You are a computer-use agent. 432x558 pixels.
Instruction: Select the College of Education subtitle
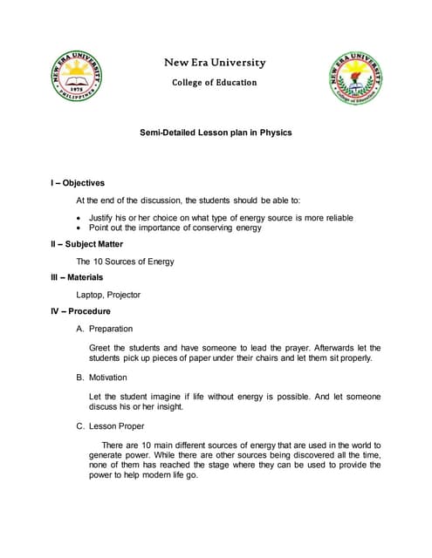pos(215,82)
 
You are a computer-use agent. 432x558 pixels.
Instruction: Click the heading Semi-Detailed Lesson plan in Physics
pos(216,133)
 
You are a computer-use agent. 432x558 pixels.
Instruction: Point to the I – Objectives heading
pos(79,183)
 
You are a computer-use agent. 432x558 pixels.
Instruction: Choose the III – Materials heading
pos(78,277)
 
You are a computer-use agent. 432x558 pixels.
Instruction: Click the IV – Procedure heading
pos(81,311)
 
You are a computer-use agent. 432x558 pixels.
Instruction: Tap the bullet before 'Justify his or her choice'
pos(80,217)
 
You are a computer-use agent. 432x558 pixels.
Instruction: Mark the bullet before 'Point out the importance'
pos(80,228)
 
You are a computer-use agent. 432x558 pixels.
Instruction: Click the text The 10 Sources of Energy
pos(125,261)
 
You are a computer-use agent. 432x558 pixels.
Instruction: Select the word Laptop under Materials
pos(91,295)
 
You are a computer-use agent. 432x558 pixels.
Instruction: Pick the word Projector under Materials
pos(123,295)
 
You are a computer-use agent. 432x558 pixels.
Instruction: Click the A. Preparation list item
pos(105,329)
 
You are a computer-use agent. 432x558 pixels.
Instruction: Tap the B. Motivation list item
pos(102,378)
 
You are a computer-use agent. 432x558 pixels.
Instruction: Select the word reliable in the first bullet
pos(337,217)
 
